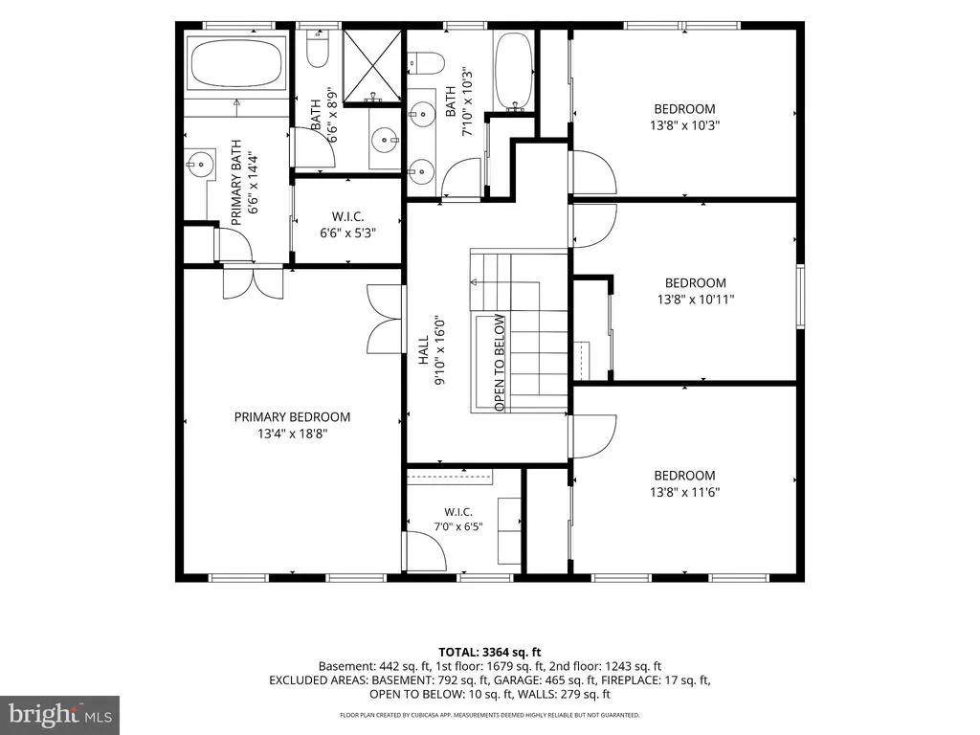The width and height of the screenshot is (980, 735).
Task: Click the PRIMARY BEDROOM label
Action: pos(292,417)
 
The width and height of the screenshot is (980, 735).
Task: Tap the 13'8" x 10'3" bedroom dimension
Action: pos(684,125)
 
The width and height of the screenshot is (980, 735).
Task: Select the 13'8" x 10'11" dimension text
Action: pos(695,300)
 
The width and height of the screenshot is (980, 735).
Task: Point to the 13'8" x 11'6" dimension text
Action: pos(684,492)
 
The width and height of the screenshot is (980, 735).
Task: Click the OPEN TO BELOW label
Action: pos(499,363)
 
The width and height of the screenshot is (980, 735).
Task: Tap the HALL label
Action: pos(424,350)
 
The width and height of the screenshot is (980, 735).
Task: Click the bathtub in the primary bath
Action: pos(236,64)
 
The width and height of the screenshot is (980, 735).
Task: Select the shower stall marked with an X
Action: pos(372,66)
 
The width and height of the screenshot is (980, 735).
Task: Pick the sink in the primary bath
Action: pos(198,164)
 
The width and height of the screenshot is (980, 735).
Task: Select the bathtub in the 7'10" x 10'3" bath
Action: pos(514,71)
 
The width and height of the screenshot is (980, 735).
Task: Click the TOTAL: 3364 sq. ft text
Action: pos(489,653)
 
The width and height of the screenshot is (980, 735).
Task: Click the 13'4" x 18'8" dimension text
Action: pos(292,434)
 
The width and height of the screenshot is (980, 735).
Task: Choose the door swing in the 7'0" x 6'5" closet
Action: pos(426,550)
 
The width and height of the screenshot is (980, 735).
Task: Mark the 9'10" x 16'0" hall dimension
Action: pos(441,350)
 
